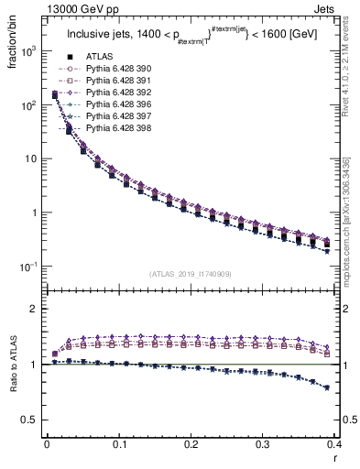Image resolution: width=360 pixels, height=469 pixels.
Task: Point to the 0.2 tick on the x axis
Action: click(x=191, y=444)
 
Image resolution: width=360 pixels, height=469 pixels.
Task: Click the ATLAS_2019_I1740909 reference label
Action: click(x=191, y=274)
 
